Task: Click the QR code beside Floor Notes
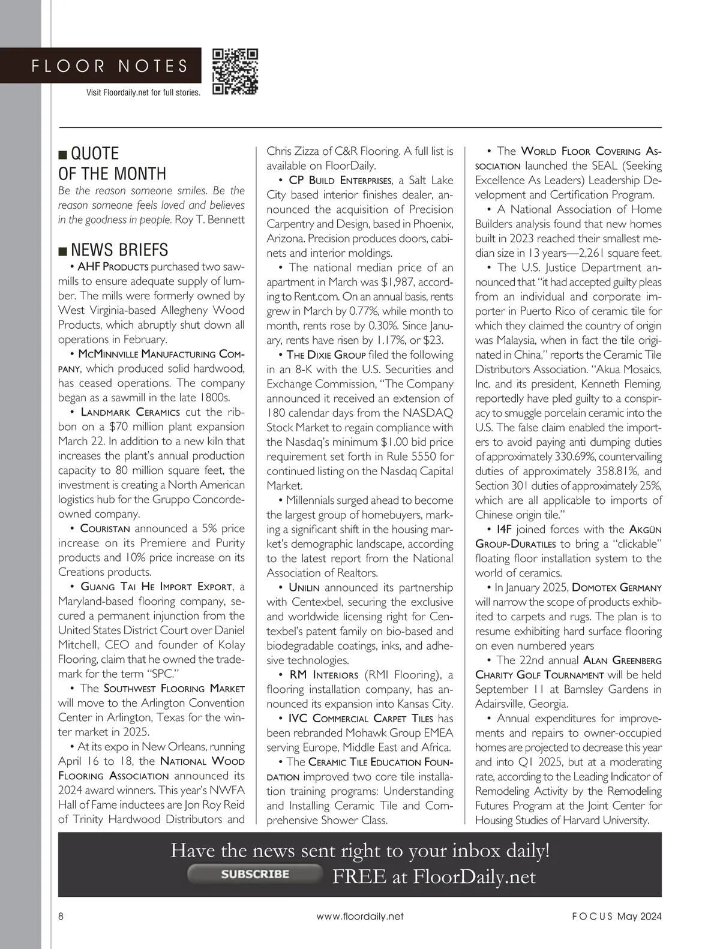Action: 235,72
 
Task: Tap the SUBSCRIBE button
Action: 254,874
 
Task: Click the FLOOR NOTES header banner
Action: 110,66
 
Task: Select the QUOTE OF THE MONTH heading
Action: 112,163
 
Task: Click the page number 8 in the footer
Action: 61,916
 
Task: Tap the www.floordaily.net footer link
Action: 360,916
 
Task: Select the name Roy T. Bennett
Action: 209,220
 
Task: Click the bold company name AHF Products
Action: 113,266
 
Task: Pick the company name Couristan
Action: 105,528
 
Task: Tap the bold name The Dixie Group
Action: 326,355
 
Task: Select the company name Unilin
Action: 304,587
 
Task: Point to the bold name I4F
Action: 504,529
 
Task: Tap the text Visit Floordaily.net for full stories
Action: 143,93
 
